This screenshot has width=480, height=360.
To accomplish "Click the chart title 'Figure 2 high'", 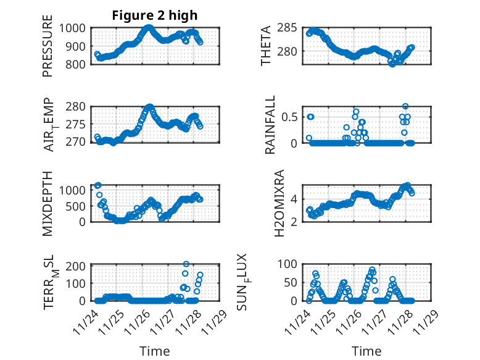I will coord(155,15).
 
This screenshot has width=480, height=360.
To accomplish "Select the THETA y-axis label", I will coord(266,46).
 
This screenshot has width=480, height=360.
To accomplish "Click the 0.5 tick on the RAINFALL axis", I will coord(291,116).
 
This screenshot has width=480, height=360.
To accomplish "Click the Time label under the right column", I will coord(366,351).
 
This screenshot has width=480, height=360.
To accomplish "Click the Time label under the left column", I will coord(154,351).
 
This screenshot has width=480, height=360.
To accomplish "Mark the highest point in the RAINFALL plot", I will coord(405,106).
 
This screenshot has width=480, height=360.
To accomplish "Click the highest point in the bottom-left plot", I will coord(186,264).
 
